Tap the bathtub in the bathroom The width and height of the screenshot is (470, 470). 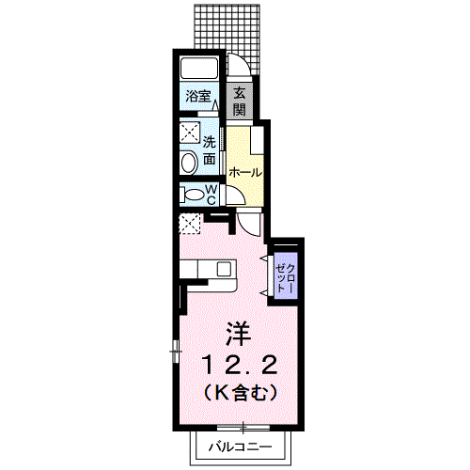pos(199,69)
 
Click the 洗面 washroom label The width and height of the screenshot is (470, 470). pos(211,150)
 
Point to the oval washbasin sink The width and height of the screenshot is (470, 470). pos(188,163)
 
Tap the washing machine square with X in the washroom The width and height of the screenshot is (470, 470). pos(189,133)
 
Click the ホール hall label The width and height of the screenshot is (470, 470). pos(244,173)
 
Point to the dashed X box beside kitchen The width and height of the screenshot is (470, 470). pos(192,224)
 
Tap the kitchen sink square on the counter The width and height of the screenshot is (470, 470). pos(224,269)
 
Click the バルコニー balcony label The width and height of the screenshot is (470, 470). pos(241,446)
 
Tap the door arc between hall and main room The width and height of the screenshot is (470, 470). pos(249,223)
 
